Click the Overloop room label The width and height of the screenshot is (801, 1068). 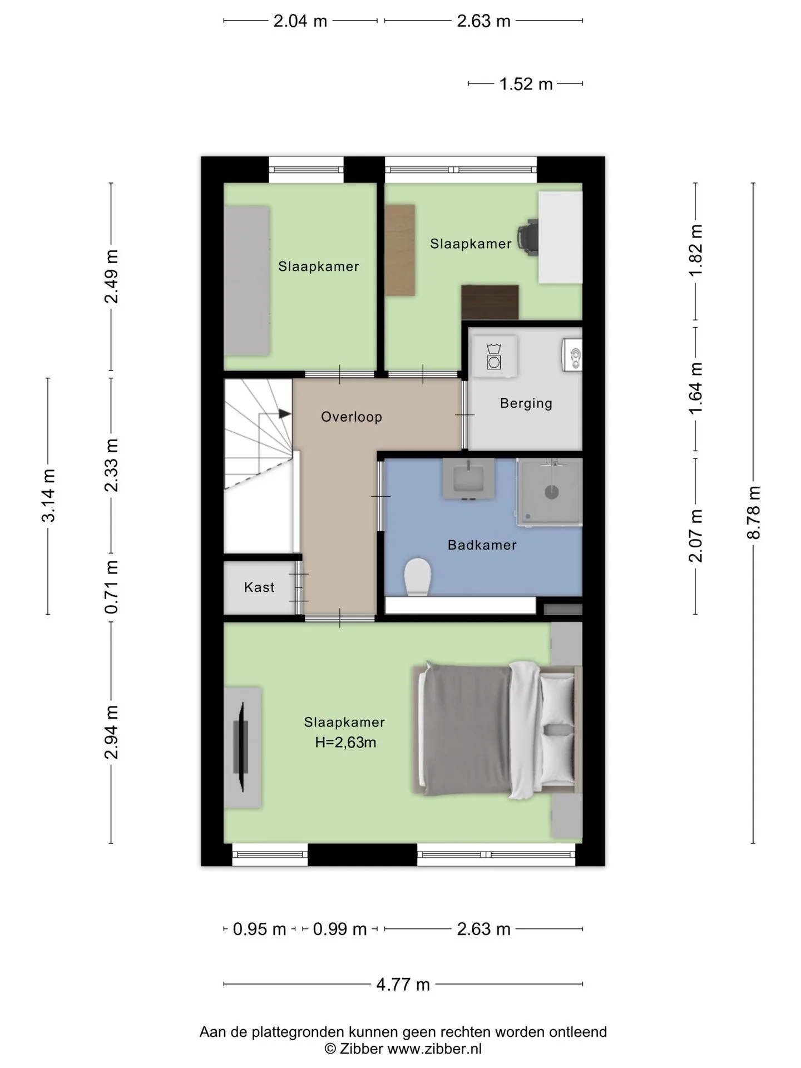(352, 417)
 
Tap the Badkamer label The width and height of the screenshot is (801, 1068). (482, 545)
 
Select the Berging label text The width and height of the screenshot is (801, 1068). (526, 403)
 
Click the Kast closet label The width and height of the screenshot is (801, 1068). (259, 587)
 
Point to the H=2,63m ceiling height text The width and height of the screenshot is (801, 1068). (345, 743)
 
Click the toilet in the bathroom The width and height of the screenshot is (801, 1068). (418, 577)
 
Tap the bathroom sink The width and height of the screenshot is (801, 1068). (468, 478)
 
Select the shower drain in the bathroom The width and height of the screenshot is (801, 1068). (551, 492)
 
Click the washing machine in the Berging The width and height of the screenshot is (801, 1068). (494, 356)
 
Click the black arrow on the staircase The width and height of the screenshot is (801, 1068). (284, 414)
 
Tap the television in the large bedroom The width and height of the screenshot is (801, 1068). (241, 746)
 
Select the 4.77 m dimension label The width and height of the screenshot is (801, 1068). (403, 985)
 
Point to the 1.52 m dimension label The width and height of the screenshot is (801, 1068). (526, 84)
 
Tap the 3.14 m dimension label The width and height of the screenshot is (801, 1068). (48, 496)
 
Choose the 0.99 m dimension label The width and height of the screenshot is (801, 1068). (340, 929)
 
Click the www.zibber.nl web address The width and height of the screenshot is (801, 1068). (434, 1049)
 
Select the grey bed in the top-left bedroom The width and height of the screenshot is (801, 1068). (247, 281)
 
